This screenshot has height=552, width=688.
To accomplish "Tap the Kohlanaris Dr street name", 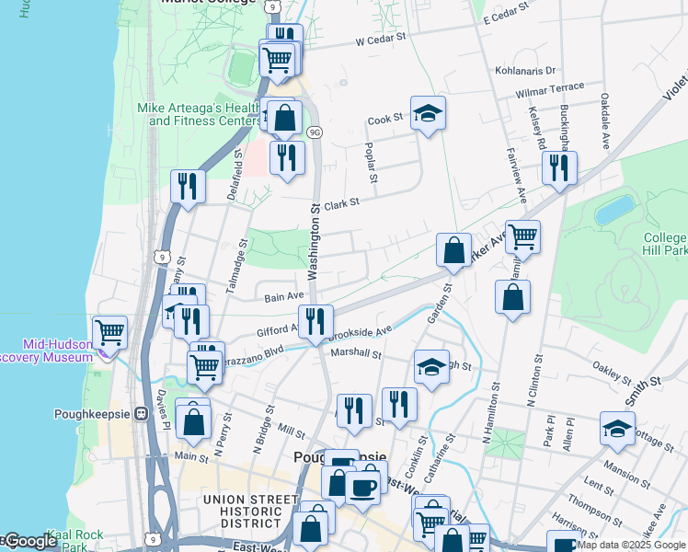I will point(527,70).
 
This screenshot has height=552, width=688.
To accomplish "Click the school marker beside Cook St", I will point(428,114).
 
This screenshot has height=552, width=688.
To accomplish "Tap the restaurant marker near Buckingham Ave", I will point(559,168).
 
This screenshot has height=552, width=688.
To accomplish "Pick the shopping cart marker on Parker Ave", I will point(522,237).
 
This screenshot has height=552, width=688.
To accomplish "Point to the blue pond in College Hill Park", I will point(614,210).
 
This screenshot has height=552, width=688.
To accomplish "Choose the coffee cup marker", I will point(363,487).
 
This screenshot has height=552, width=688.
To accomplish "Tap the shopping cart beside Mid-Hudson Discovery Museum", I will point(110,332).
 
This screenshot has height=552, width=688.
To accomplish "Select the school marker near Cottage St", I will point(617,428).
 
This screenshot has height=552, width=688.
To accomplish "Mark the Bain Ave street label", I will point(284,297).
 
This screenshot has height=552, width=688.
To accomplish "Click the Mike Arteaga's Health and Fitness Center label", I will point(199,114).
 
